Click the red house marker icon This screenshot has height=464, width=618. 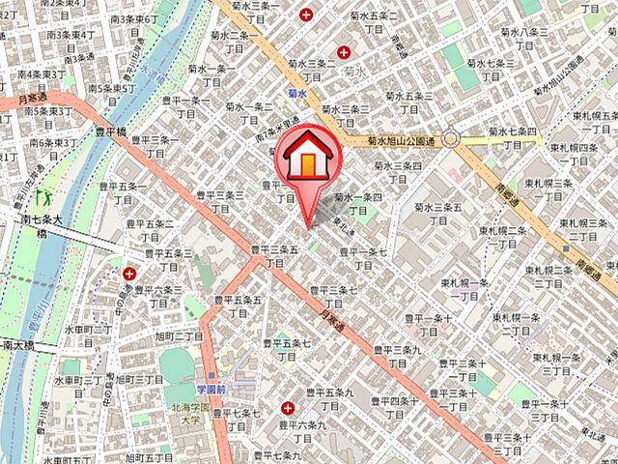(306, 159)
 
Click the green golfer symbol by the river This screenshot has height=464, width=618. (42, 197)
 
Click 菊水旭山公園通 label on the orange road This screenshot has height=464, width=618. (402, 141)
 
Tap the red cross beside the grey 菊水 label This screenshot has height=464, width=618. (344, 51)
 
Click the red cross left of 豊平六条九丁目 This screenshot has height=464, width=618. (286, 408)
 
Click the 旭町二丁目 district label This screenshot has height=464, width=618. (177, 335)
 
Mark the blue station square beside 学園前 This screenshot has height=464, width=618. (211, 376)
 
